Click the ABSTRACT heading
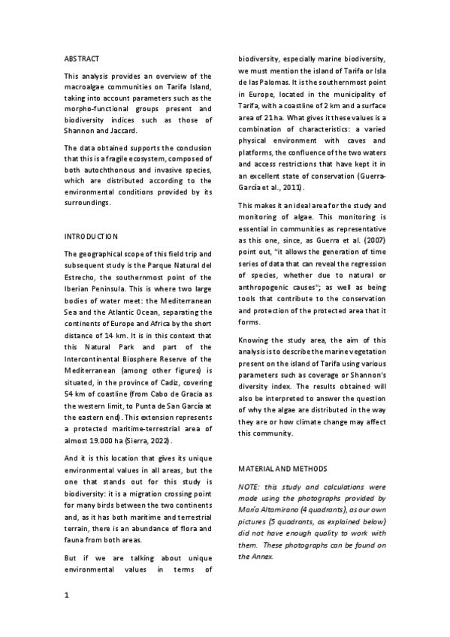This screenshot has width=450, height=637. point(81,59)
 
